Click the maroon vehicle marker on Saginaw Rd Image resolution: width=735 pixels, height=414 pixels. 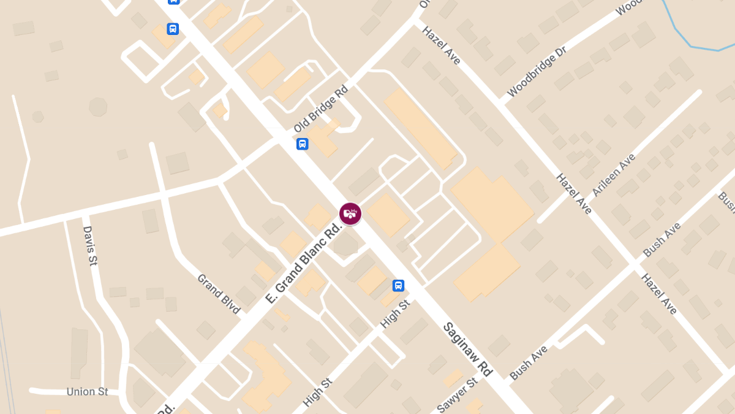pos(350,213)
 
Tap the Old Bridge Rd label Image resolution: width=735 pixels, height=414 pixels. pos(320,109)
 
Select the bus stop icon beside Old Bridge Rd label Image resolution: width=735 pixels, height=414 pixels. pos(302,144)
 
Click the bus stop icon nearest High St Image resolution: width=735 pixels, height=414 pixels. pos(398,285)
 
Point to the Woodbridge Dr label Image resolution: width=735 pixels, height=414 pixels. pos(537,71)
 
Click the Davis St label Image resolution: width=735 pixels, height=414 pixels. pos(90,245)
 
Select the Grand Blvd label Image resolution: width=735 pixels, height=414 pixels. pos(219,293)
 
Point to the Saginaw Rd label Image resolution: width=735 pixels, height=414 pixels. pos(467,349)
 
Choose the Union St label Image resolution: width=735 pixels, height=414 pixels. pos(87,391)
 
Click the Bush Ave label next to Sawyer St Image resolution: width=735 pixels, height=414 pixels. pos(529,362)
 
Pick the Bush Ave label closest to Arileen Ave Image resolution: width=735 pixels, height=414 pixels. pos(661,240)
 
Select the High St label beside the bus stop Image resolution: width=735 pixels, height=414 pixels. pos(395,313)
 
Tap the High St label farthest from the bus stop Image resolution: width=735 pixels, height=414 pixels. pos(318,392)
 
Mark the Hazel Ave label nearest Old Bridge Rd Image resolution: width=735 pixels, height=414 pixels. pos(441,45)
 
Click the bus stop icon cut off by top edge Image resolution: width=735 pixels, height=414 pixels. pos(174,2)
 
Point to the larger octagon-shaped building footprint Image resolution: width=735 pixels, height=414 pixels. pos(98,106)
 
